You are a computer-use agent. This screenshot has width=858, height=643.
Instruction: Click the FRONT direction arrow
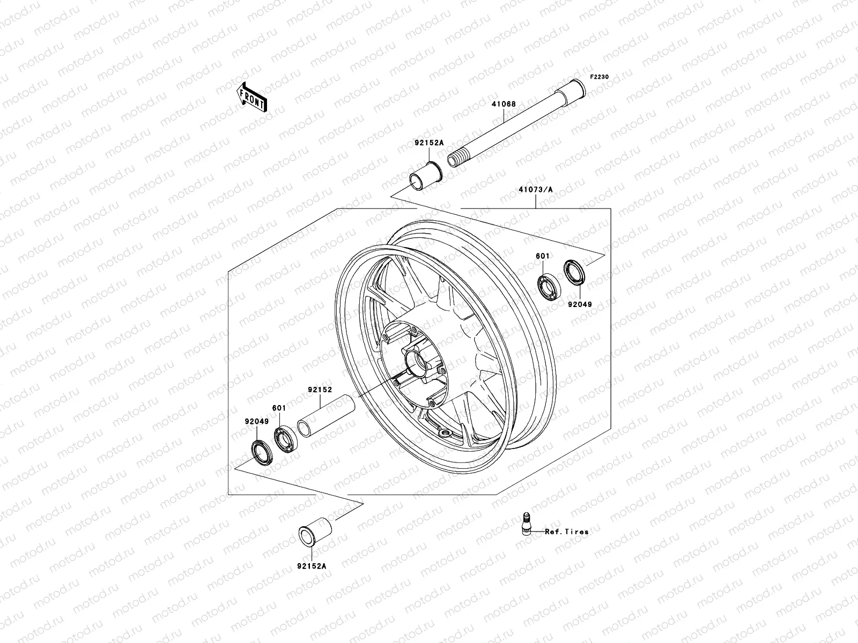[260, 97]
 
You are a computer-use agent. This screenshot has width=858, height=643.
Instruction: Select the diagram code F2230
[600, 77]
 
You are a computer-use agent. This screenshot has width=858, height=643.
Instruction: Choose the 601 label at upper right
[542, 257]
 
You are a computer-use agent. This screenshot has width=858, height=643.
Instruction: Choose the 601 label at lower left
[279, 408]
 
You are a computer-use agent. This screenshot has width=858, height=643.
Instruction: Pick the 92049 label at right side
[580, 304]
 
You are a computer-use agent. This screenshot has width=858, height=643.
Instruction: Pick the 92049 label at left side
[257, 422]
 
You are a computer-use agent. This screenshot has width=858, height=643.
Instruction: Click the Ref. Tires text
[567, 532]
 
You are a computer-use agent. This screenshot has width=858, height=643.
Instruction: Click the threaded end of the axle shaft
[457, 159]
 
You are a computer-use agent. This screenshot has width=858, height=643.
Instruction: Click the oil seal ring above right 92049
[574, 272]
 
